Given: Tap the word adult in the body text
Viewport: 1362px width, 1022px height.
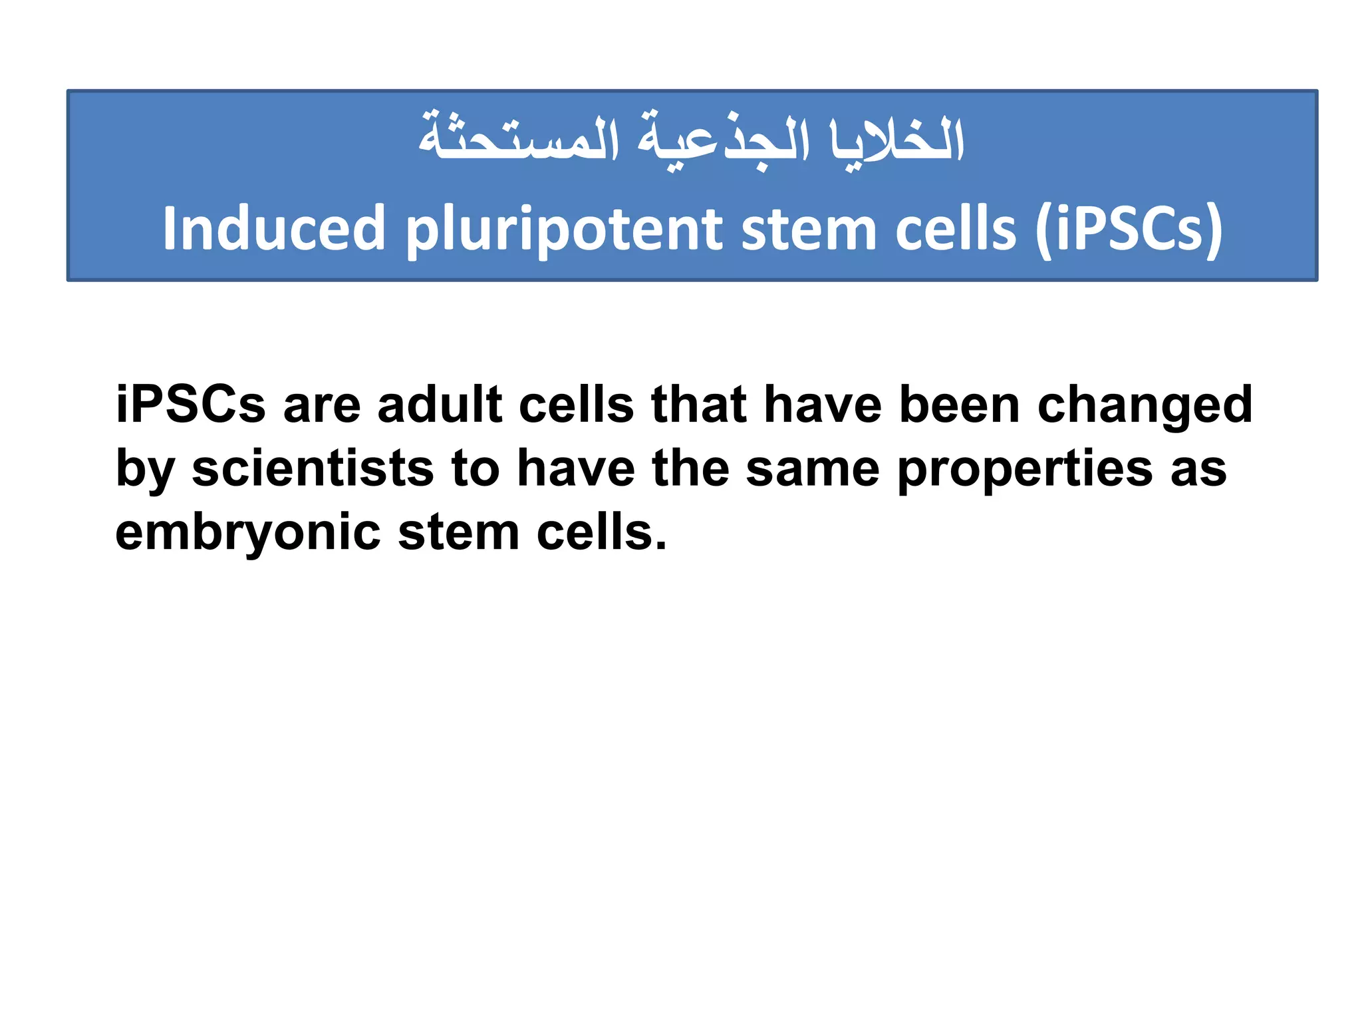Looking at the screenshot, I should (x=440, y=405).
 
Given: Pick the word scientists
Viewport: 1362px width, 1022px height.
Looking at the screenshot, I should (x=313, y=468).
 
